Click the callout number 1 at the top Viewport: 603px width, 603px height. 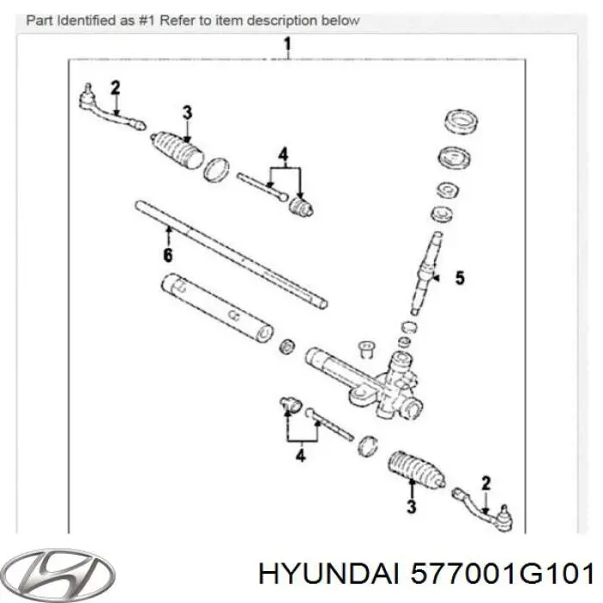(288, 44)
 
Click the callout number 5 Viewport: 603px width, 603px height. (459, 278)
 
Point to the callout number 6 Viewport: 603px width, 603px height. (167, 255)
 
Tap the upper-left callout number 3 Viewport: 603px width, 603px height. (188, 111)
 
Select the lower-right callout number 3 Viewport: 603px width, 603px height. (412, 507)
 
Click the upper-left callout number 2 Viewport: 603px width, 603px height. (115, 86)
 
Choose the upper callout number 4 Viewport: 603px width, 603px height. (282, 155)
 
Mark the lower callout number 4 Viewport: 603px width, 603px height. (300, 456)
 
